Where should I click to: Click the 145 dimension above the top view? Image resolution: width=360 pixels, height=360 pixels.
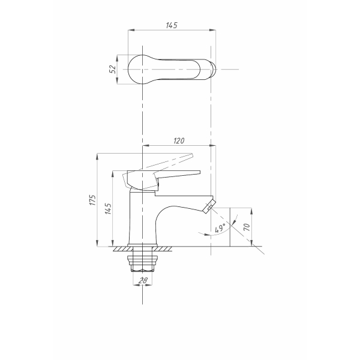(172, 25)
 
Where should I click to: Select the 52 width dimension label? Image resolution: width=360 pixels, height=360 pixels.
(113, 69)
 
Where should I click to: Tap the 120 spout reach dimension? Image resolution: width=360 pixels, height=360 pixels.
(179, 140)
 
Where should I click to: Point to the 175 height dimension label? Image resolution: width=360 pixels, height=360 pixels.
(92, 200)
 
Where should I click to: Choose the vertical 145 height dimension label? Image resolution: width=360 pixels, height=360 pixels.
(108, 208)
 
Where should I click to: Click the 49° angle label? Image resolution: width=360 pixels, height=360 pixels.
(220, 228)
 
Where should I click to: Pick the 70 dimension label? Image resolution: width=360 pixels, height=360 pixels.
(247, 227)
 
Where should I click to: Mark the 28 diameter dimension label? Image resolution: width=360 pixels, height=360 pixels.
(143, 280)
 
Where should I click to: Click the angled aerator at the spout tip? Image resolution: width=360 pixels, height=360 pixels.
(209, 205)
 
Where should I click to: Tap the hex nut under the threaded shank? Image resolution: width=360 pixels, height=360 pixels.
(142, 268)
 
